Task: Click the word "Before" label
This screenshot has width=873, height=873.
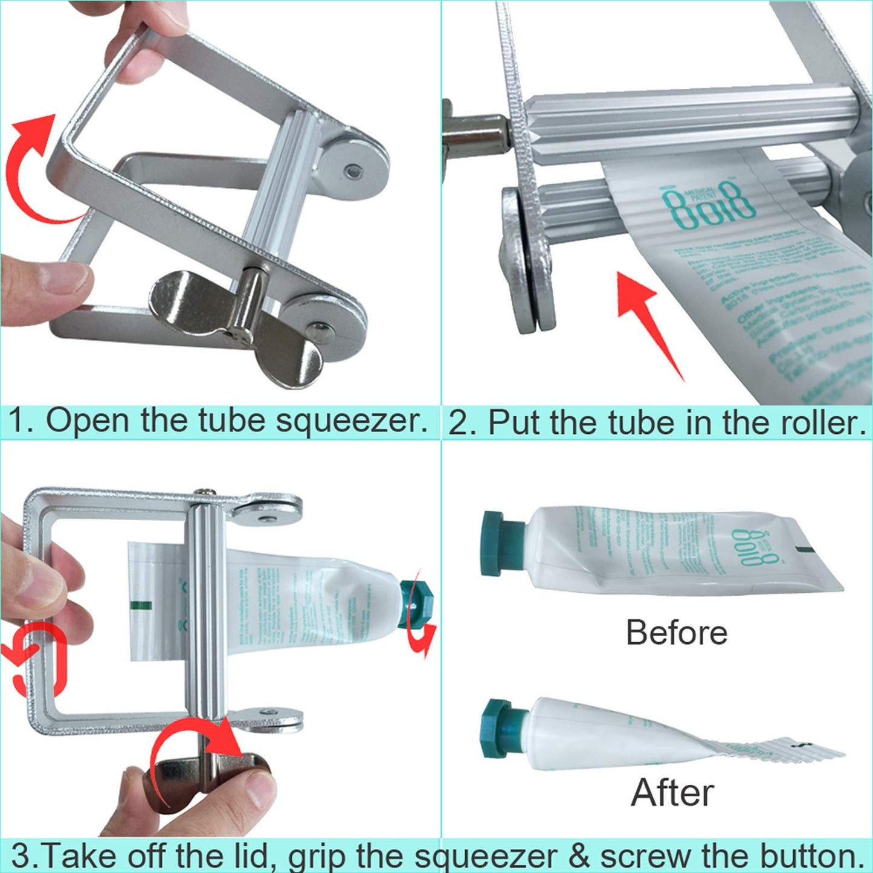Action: pos(676,633)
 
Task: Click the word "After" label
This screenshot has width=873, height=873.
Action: pos(672,792)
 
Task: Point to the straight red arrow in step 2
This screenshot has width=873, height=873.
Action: pos(649,320)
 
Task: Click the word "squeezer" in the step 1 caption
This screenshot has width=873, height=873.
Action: pos(352,420)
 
